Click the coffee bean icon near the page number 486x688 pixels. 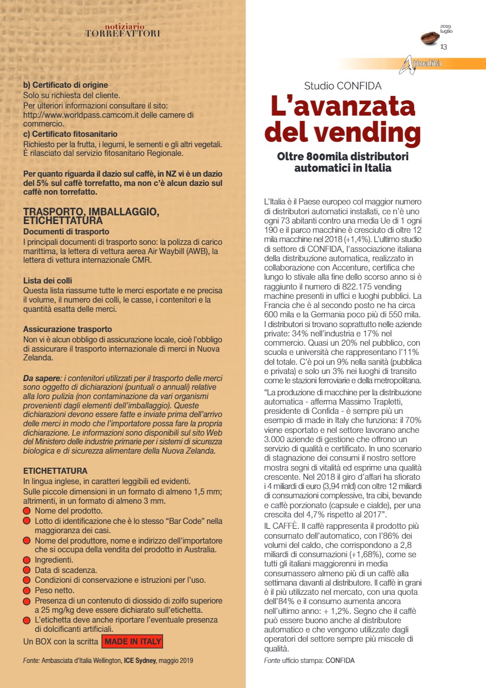pos(431,38)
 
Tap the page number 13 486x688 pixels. pos(444,47)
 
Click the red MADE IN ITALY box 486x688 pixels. pos(132,641)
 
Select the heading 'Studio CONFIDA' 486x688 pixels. pos(343,86)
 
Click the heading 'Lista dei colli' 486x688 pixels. pos(48,280)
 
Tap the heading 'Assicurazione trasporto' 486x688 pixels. pos(68,329)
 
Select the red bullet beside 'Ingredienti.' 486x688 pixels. pos(27,560)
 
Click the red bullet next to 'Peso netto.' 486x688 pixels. pos(27,590)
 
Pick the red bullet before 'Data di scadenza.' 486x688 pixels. pos(27,570)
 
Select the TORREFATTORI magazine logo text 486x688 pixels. pos(123,33)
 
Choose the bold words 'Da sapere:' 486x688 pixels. pos(41,378)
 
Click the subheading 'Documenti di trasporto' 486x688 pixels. pos(66,232)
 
